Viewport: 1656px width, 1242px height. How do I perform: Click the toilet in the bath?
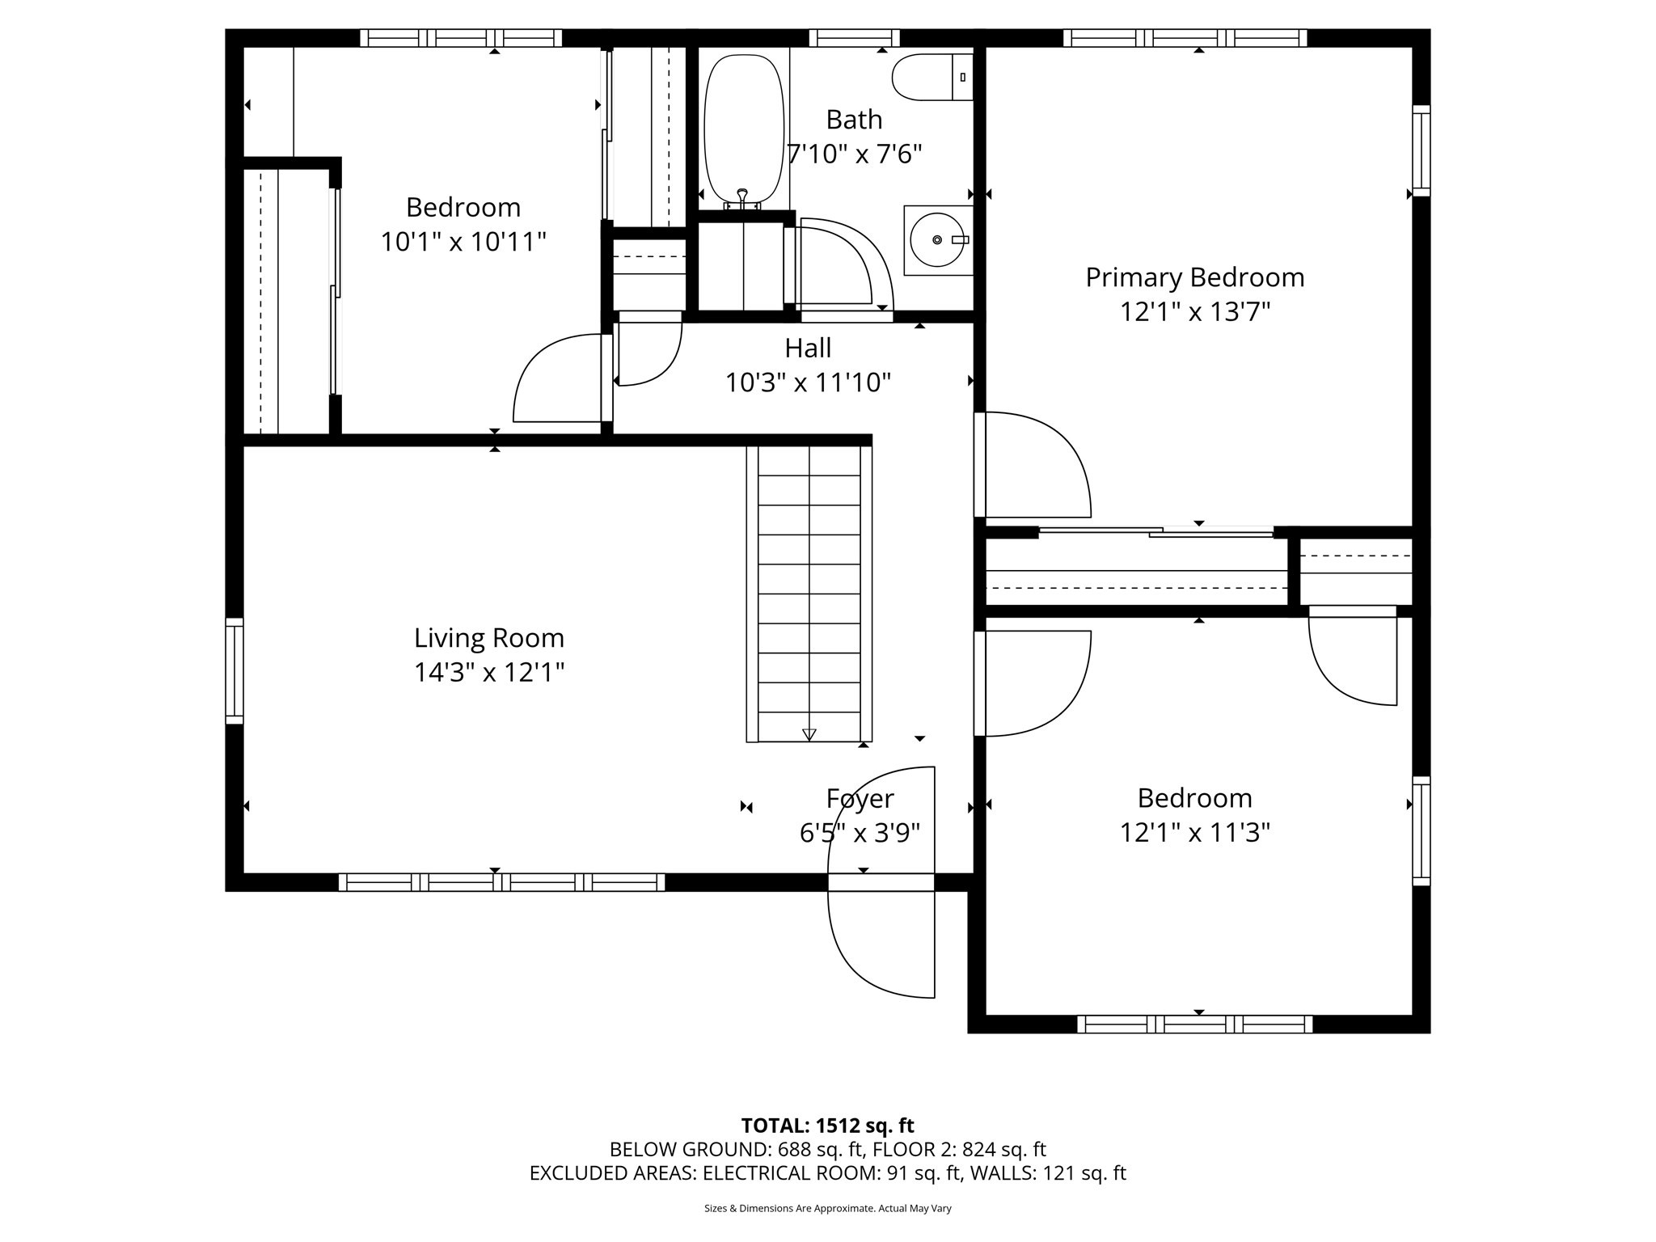coord(930,78)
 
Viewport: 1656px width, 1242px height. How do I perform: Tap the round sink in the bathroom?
coord(938,240)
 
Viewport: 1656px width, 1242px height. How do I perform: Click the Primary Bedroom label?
coord(1194,277)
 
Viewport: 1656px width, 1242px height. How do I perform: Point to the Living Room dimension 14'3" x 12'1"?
coord(489,673)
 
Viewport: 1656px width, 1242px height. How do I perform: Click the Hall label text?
coord(808,349)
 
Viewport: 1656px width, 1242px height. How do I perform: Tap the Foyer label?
coord(860,799)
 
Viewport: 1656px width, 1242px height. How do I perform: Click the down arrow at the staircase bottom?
coord(809,734)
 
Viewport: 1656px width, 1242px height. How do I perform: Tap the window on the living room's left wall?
coord(234,670)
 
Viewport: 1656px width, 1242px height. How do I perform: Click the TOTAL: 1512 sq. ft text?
coord(827,1126)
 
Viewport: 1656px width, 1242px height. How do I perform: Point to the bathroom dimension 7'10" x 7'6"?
coord(855,154)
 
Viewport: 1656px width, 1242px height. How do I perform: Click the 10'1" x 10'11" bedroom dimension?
coord(463,242)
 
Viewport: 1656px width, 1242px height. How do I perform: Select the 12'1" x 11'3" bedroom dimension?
coord(1194,833)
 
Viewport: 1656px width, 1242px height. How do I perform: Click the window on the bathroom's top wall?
coord(854,38)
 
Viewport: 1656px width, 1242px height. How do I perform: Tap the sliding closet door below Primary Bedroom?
coord(1156,531)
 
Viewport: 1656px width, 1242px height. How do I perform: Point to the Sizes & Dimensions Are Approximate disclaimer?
coord(827,1208)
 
